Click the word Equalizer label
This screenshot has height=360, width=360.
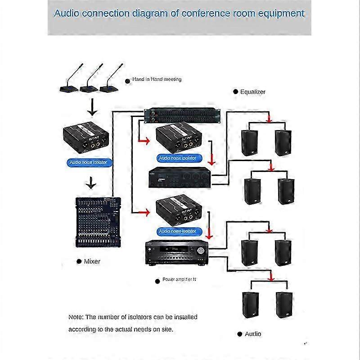pyautogui.click(x=252, y=92)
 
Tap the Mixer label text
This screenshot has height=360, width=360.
pyautogui.click(x=92, y=261)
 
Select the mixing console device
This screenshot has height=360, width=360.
pyautogui.click(x=98, y=221)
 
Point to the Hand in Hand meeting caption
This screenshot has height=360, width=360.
pyautogui.click(x=157, y=79)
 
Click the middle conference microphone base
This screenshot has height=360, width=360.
pyautogui.click(x=90, y=87)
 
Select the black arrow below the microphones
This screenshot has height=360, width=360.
pyautogui.click(x=92, y=109)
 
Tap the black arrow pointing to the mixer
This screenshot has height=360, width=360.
pyautogui.click(x=91, y=183)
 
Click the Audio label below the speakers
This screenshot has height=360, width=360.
pyautogui.click(x=252, y=334)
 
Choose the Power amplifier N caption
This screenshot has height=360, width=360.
pyautogui.click(x=179, y=280)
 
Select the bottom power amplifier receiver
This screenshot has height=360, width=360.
pyautogui.click(x=176, y=253)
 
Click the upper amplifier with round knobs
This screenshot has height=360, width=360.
pyautogui.click(x=180, y=177)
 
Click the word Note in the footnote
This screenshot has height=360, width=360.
pyautogui.click(x=76, y=317)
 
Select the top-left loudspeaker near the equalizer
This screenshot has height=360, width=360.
pyautogui.click(x=250, y=143)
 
